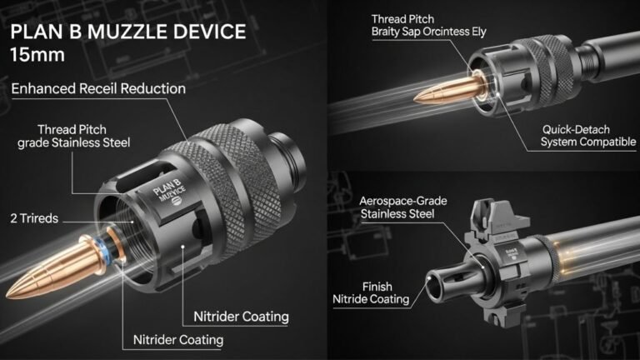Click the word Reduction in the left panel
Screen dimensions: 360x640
[152, 87]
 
